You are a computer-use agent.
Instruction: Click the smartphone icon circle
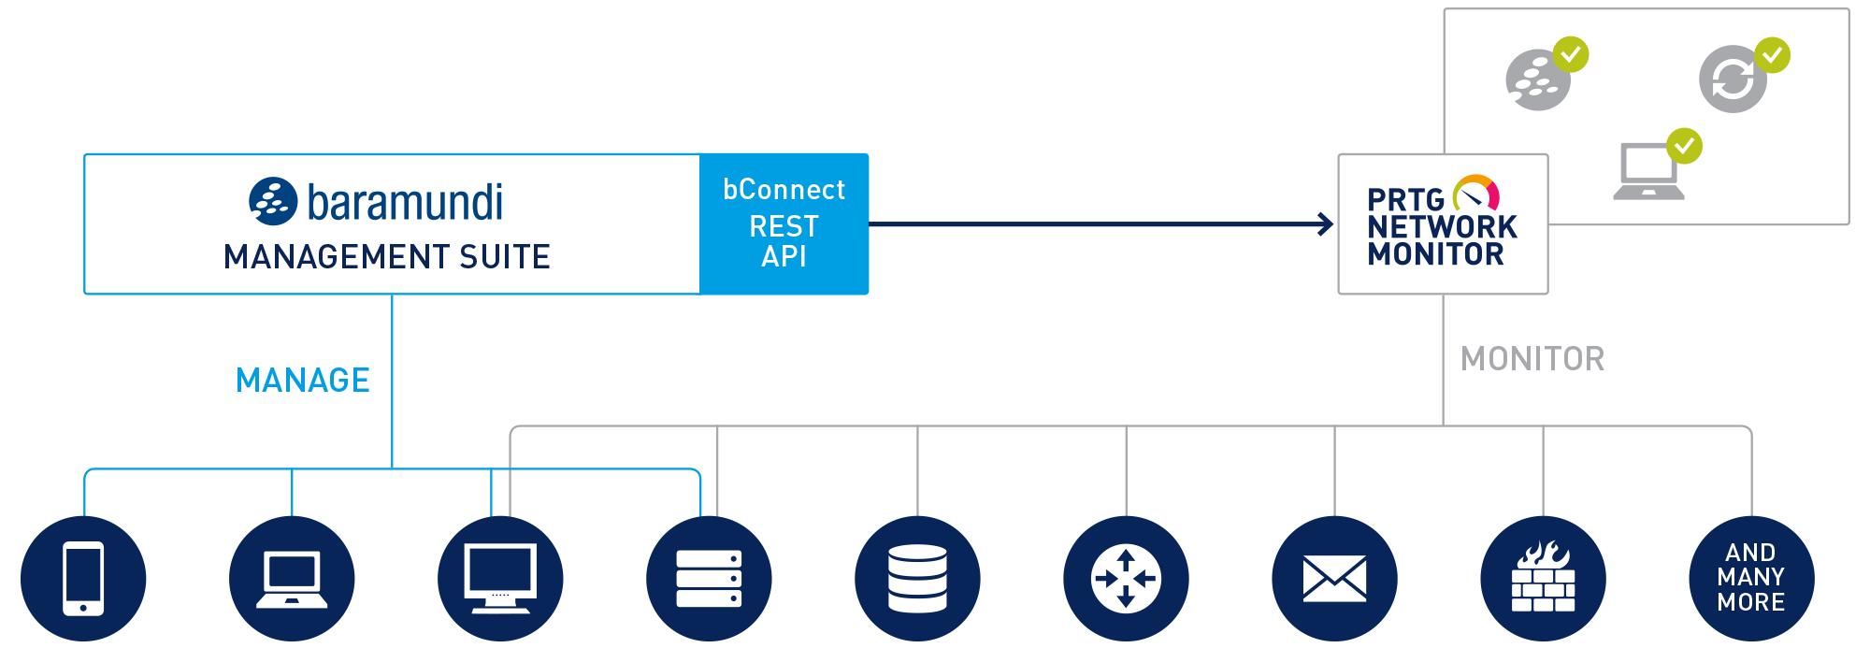point(83,579)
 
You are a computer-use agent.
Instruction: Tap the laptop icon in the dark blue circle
point(292,579)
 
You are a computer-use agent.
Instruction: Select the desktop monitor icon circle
point(500,579)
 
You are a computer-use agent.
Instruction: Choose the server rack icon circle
point(709,579)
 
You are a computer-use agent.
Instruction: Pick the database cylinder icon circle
point(917,579)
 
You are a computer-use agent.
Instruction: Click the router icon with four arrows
point(1126,579)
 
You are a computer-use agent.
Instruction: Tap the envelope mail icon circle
point(1334,579)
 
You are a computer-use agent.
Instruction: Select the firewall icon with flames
point(1543,579)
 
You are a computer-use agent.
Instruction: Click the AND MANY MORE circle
point(1751,579)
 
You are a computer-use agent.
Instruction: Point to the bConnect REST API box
point(784,224)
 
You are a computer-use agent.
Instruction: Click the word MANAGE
point(303,381)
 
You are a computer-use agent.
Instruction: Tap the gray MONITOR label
point(1532,359)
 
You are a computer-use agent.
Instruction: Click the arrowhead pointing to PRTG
point(1327,224)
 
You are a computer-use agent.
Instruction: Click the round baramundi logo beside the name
point(273,201)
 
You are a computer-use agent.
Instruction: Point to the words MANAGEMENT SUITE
point(387,257)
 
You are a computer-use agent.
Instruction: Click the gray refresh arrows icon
point(1733,79)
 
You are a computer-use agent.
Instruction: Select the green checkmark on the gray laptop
point(1684,146)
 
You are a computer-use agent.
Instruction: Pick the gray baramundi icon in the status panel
point(1538,79)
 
